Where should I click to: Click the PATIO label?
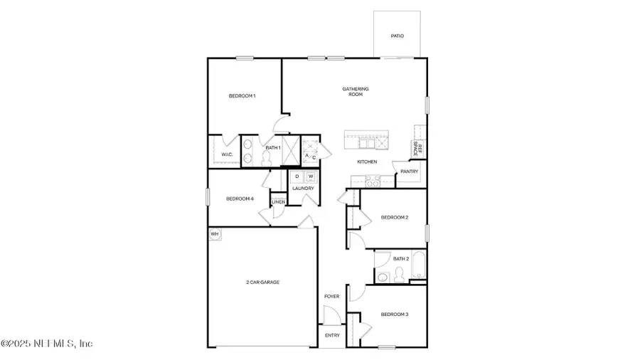[x=397, y=36]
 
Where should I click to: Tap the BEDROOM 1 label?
[x=242, y=96]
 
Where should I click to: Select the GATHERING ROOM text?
[x=356, y=92]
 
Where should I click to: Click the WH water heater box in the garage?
[x=214, y=233]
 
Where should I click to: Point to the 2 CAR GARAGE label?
[x=262, y=282]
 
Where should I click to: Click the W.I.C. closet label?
[x=227, y=154]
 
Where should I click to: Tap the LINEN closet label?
[x=279, y=202]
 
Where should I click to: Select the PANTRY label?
[x=409, y=171]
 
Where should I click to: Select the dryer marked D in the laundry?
[x=297, y=177]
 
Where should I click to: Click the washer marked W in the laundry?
[x=310, y=177]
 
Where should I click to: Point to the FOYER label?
[x=331, y=297]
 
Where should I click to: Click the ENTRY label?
[x=332, y=335]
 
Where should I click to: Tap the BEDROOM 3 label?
[x=394, y=314]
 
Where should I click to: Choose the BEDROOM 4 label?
[x=240, y=198]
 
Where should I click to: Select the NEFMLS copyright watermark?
[x=47, y=344]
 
